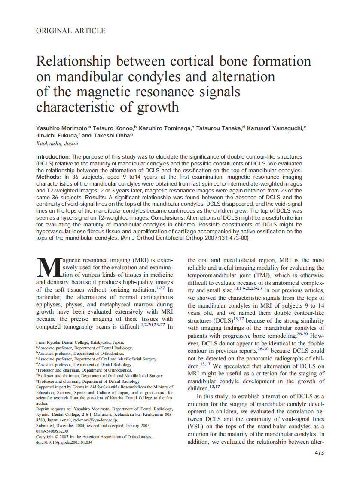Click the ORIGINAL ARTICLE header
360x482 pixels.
point(70,31)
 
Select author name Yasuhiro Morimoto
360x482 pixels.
point(62,128)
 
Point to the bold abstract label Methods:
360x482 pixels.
point(49,177)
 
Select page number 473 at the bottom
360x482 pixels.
point(319,452)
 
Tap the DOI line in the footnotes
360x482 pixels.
point(64,442)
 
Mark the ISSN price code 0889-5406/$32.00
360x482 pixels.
point(52,431)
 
